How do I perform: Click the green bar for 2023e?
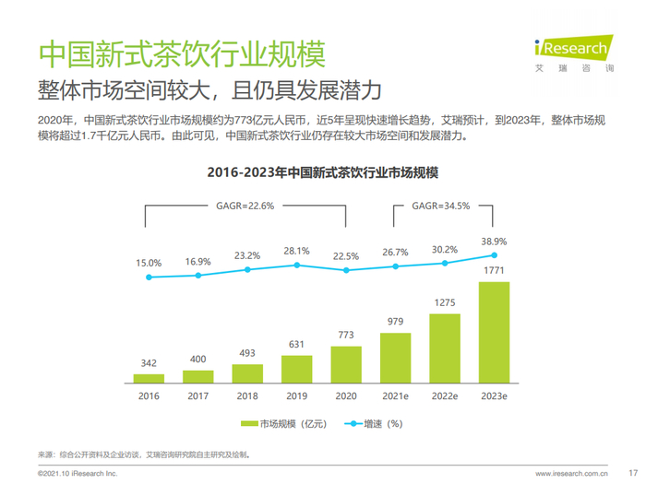[x=494, y=332]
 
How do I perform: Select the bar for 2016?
[x=149, y=378]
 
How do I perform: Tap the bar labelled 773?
[x=346, y=364]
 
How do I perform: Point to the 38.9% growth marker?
[x=494, y=254]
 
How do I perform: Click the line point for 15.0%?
[x=149, y=277]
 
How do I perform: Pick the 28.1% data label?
[x=296, y=251]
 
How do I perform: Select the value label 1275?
[x=445, y=301]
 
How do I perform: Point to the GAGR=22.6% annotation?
[x=245, y=206]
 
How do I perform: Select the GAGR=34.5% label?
[x=441, y=206]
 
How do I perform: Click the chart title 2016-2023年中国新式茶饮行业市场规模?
[x=322, y=172]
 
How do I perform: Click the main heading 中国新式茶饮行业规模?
[x=181, y=53]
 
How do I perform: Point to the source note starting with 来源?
[x=143, y=454]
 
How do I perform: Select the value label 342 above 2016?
[x=149, y=363]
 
